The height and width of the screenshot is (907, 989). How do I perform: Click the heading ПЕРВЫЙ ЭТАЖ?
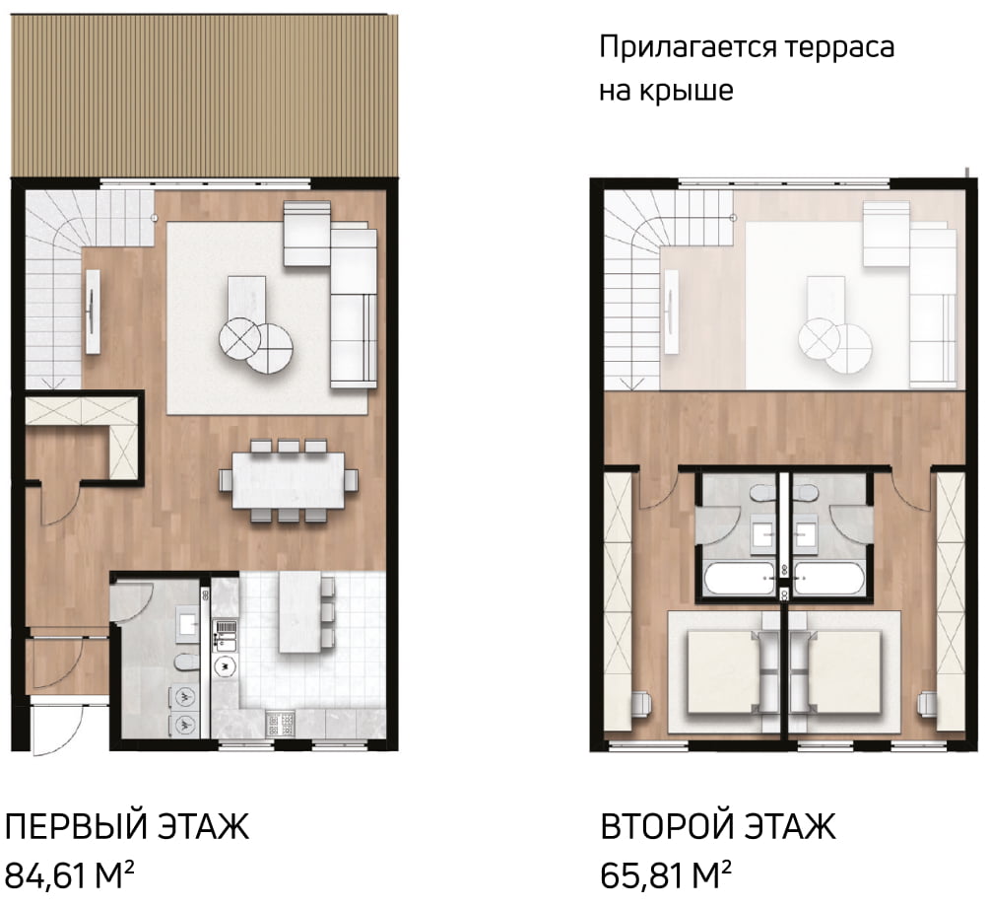point(127,826)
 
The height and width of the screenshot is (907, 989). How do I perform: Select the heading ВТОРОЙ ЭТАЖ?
point(718,826)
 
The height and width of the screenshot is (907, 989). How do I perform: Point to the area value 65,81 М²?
point(666,874)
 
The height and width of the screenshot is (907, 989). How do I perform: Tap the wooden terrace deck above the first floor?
point(206,96)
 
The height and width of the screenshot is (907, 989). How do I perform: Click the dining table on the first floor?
point(289,480)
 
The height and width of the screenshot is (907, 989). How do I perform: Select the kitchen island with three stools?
point(300,613)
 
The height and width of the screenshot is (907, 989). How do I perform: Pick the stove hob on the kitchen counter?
point(281,724)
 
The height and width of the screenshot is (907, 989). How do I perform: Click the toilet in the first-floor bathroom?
point(185,662)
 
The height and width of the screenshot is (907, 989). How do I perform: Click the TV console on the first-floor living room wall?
point(93,312)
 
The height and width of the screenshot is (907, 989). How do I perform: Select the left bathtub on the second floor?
point(739,578)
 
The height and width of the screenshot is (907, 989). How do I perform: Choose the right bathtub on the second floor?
point(828,578)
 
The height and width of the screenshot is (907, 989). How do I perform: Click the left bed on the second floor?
point(723,672)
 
